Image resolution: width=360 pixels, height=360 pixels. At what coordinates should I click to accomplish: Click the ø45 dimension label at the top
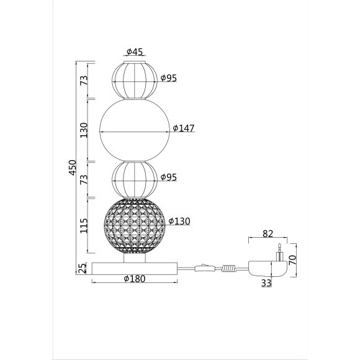(135, 52)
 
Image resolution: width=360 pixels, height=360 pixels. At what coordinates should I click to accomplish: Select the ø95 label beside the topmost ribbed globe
(169, 78)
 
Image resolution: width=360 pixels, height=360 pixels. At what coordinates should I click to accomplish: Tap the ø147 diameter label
(184, 128)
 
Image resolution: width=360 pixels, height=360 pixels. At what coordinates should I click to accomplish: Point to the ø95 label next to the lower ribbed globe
(169, 177)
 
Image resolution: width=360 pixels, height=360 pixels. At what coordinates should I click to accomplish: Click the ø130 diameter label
(178, 222)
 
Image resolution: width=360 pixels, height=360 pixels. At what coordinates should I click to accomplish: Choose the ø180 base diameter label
(134, 279)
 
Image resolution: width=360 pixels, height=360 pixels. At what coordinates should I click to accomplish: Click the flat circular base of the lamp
(135, 268)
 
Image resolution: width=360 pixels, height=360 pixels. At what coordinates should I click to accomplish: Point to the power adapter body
(266, 269)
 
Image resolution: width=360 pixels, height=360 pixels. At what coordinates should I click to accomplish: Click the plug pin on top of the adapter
(280, 253)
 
